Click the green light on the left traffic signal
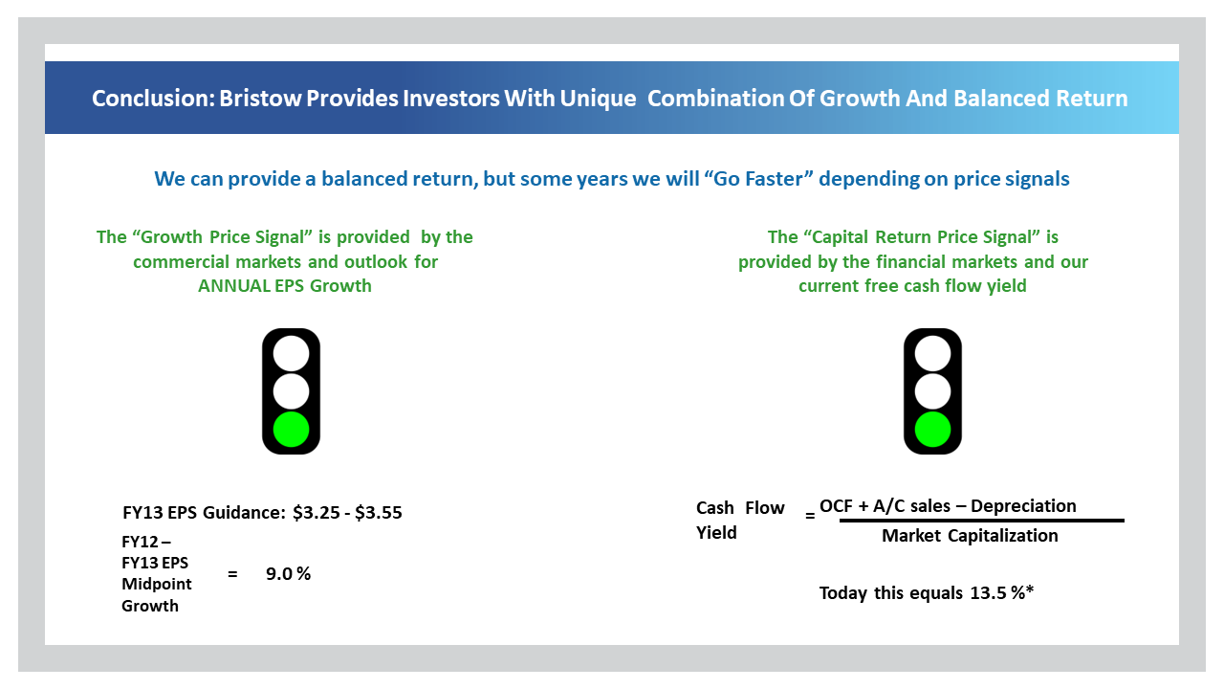coord(291,430)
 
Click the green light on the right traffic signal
coord(932,430)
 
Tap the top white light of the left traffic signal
coord(291,354)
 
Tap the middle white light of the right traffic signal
coord(932,391)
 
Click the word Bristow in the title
coord(260,99)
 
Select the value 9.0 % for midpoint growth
coord(288,573)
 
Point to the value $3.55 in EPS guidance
coord(378,513)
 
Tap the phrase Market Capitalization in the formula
coord(970,536)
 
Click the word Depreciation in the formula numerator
coord(1023,506)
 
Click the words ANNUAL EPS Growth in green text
coord(285,286)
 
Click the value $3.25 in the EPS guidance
coord(316,513)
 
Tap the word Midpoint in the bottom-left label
coord(156,584)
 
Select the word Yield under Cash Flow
coord(716,533)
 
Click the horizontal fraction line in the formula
coord(981,521)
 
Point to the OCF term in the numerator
coord(836,506)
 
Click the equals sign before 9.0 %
coord(232,574)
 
